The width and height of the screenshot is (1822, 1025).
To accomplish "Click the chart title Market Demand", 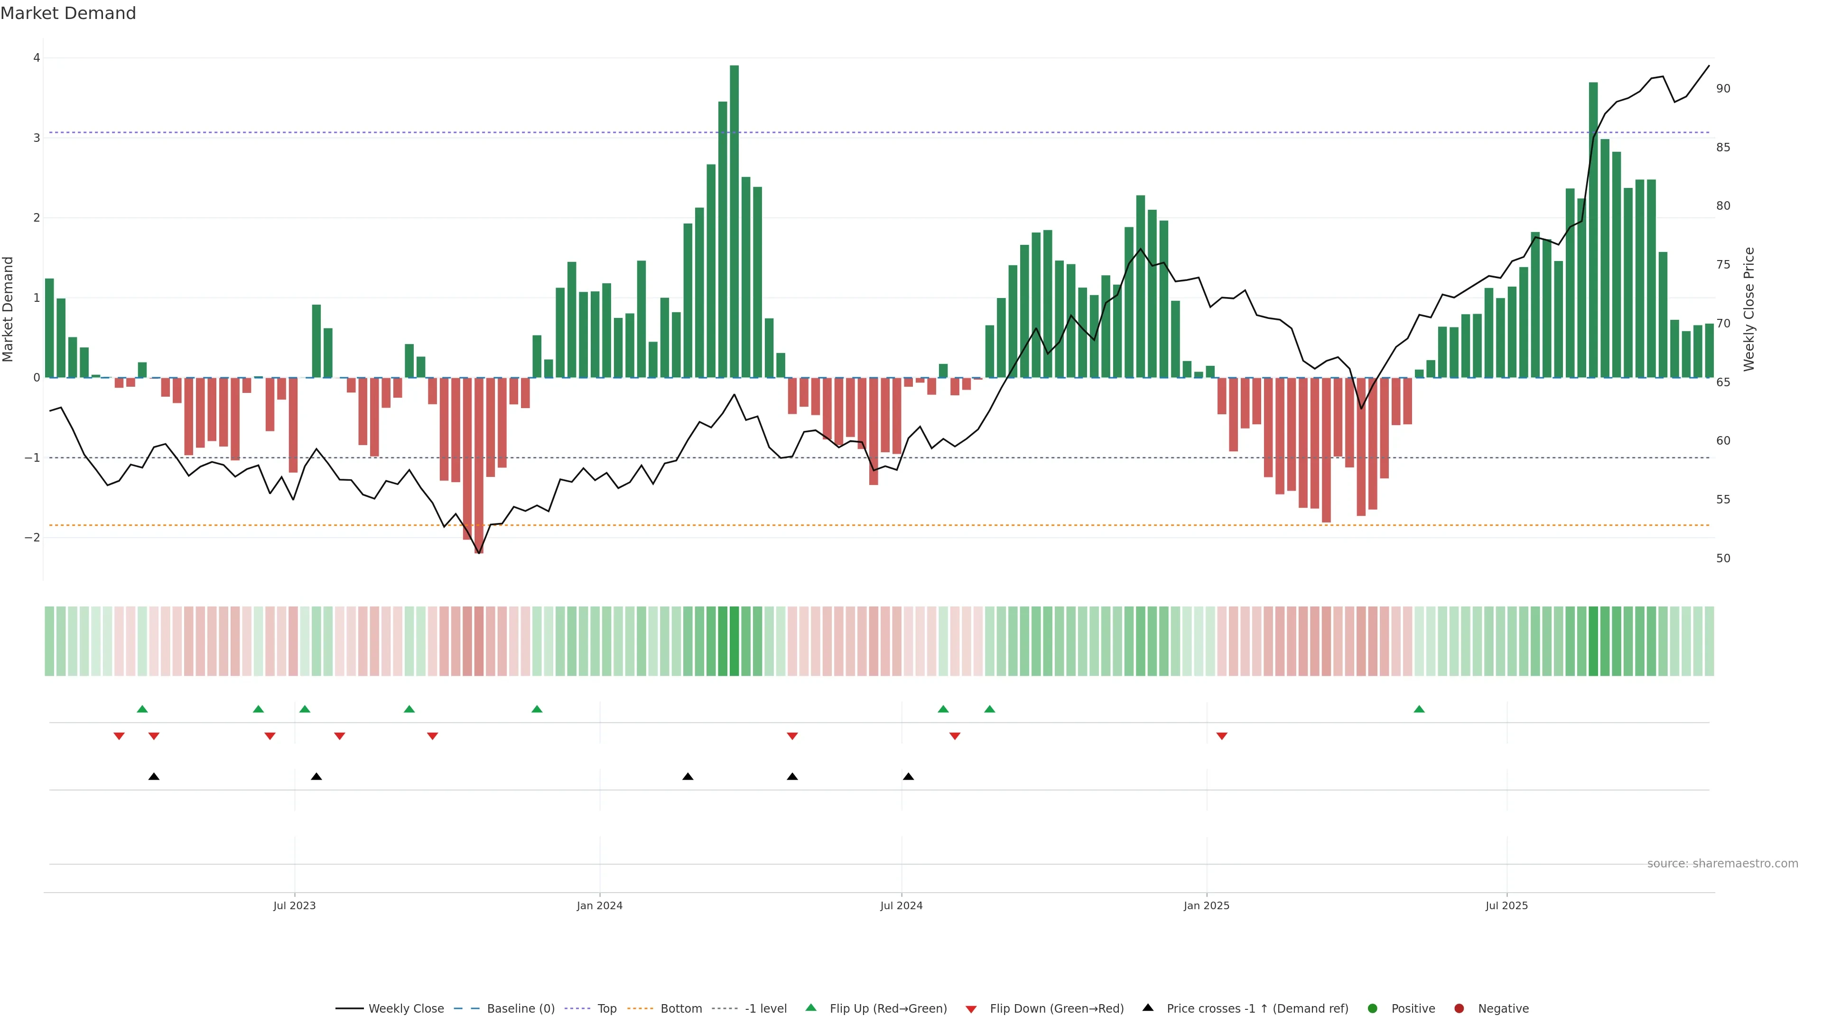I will point(68,13).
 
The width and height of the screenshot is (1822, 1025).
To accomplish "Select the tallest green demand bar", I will point(734,221).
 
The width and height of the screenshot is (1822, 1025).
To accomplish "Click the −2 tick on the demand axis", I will point(33,538).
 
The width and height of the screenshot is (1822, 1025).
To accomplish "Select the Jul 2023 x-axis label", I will point(294,905).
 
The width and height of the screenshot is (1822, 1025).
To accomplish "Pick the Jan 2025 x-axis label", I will point(1206,905).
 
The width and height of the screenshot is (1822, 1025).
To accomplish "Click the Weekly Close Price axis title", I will point(1748,309).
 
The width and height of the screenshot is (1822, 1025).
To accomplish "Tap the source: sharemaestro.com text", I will point(1722,864).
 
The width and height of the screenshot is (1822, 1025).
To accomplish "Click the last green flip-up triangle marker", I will point(1419,709).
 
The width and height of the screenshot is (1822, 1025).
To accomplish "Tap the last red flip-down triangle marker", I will point(1221,736).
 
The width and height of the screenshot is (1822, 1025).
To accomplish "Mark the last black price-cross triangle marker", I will point(908,777).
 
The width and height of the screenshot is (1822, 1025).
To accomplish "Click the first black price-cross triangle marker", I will point(153,777).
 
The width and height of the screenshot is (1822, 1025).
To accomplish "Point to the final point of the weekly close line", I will point(1709,66).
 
